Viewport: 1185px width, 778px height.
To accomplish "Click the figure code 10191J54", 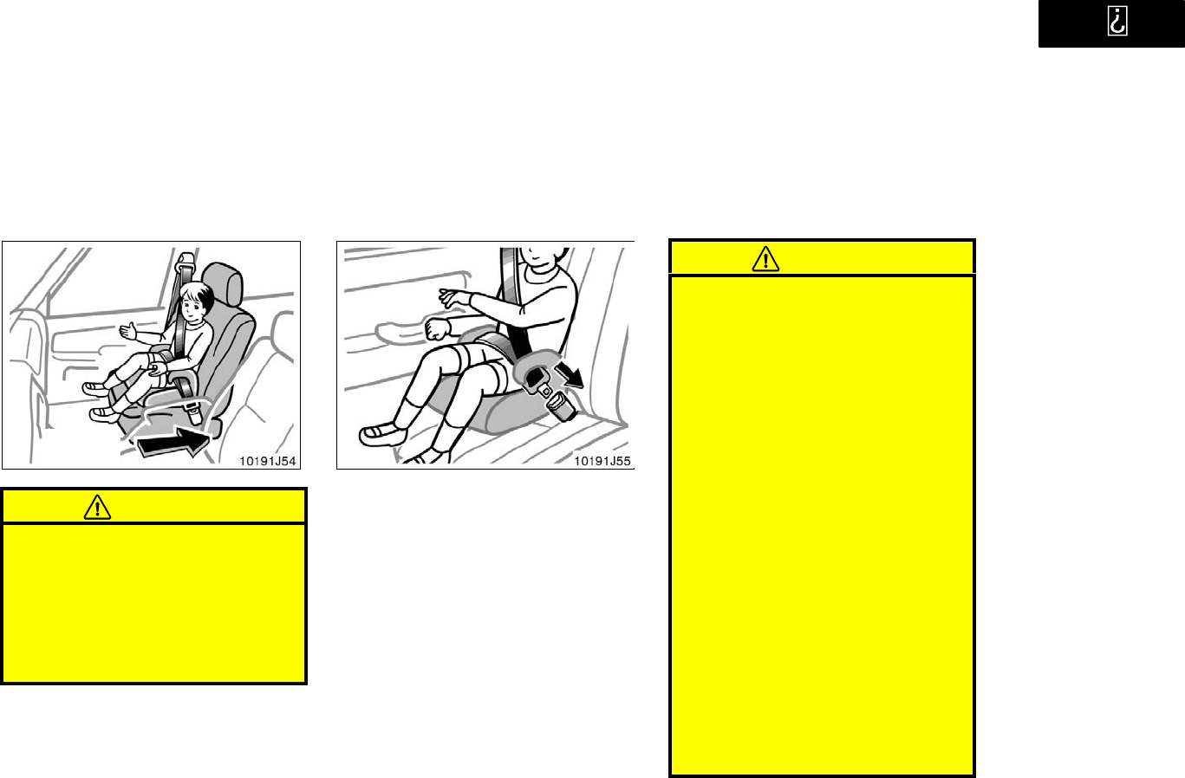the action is (x=267, y=461).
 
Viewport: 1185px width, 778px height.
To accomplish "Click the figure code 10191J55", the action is (x=602, y=461).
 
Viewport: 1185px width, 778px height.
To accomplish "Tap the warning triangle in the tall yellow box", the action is (x=765, y=259).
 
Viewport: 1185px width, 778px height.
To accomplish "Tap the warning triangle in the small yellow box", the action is (x=97, y=507).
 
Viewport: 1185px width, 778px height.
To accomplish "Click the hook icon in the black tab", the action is (x=1117, y=21).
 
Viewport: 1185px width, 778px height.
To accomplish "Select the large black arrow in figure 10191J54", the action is (x=173, y=442).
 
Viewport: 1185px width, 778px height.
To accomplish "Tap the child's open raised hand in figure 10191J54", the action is (x=128, y=332).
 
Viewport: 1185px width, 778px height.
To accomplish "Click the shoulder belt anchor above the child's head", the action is (x=185, y=260).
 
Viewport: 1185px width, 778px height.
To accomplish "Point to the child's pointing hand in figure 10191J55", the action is (x=454, y=297).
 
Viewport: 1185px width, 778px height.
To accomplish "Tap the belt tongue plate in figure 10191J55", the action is (x=544, y=391).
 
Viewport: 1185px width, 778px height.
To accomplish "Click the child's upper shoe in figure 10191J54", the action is (x=95, y=389).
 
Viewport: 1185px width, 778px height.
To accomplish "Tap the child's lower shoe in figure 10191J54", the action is (x=104, y=415).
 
